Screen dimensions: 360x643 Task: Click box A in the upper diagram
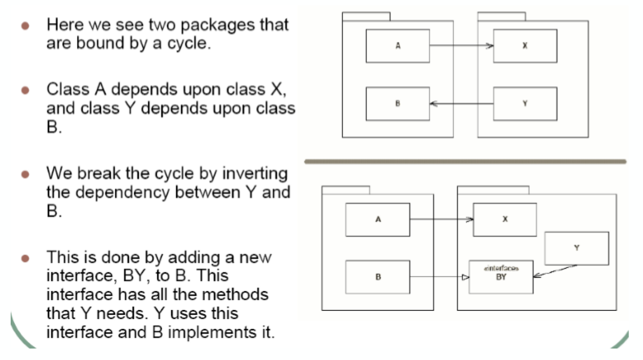pyautogui.click(x=398, y=45)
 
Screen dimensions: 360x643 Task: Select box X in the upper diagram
pyautogui.click(x=525, y=45)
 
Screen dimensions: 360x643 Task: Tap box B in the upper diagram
pyautogui.click(x=398, y=104)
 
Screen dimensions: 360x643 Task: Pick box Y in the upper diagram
pyautogui.click(x=525, y=104)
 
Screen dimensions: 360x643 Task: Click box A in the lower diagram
pyautogui.click(x=377, y=219)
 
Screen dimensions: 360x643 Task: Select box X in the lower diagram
pyautogui.click(x=504, y=219)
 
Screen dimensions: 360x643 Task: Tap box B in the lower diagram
pyautogui.click(x=377, y=277)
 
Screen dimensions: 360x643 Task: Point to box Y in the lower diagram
pyautogui.click(x=576, y=248)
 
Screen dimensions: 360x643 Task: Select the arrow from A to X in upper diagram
pyautogui.click(x=460, y=46)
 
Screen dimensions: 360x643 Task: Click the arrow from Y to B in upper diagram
pyautogui.click(x=460, y=104)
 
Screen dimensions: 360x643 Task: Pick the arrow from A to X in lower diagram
pyautogui.click(x=441, y=219)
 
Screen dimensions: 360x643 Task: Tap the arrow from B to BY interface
pyautogui.click(x=441, y=278)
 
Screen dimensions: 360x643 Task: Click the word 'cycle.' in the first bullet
pyautogui.click(x=186, y=43)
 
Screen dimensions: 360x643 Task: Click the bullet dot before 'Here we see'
pyautogui.click(x=27, y=25)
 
